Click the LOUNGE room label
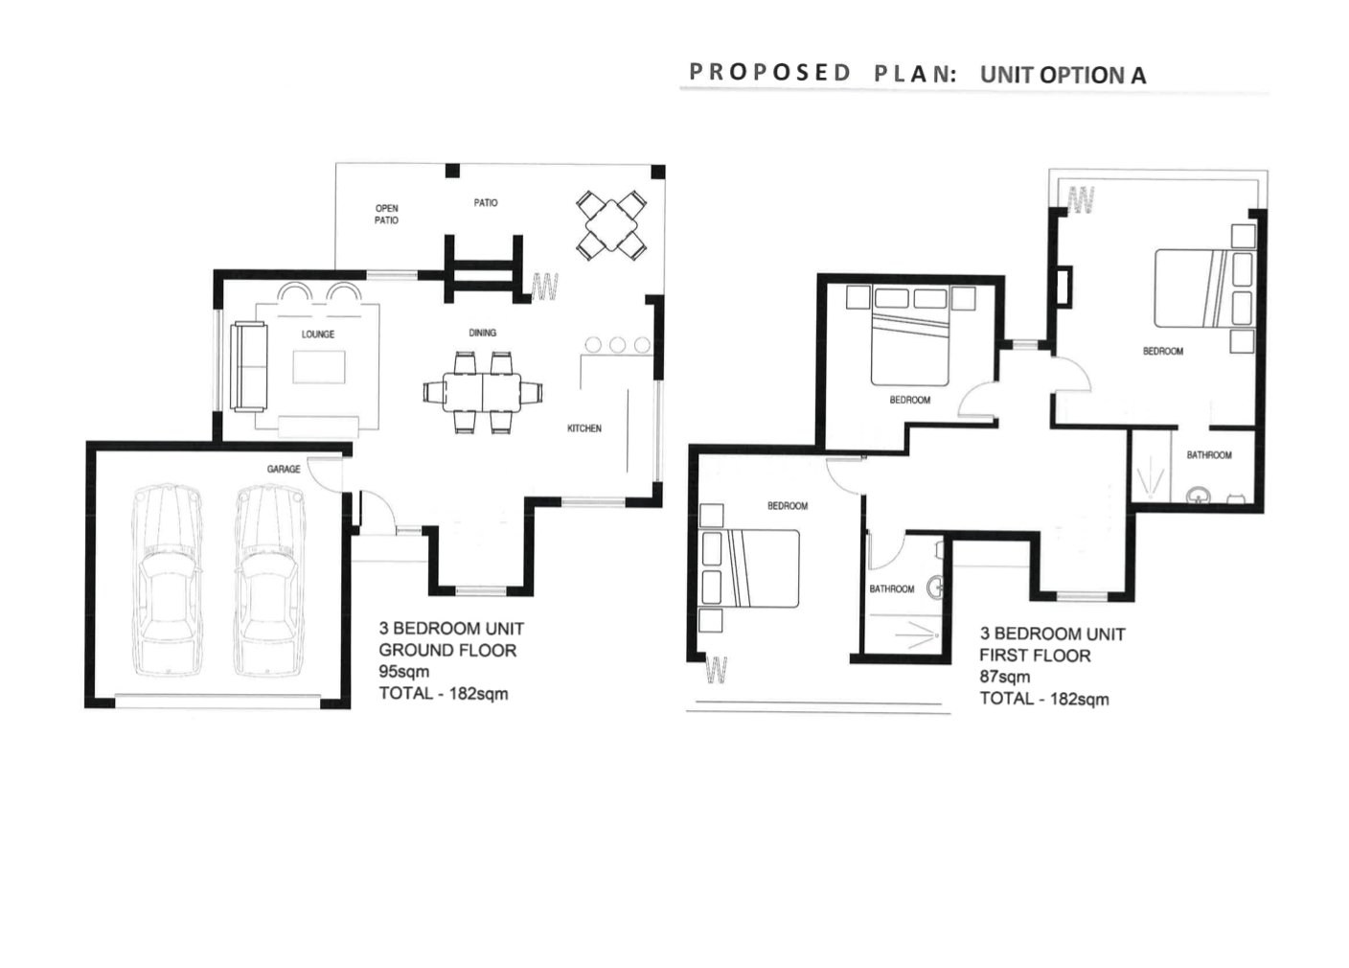(x=317, y=334)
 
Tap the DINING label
(x=482, y=333)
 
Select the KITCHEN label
(x=584, y=428)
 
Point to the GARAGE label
(x=283, y=469)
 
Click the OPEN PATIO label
(x=387, y=215)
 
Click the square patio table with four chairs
(x=611, y=225)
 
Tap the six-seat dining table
(x=482, y=393)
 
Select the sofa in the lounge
(x=249, y=367)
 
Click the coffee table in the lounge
(x=319, y=367)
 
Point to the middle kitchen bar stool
(x=617, y=345)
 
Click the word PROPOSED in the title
(x=769, y=72)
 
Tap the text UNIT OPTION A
(x=1063, y=75)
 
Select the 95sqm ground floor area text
(x=404, y=672)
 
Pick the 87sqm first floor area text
(x=1004, y=677)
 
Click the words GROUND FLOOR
(x=447, y=651)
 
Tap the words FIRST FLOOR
(x=1035, y=656)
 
